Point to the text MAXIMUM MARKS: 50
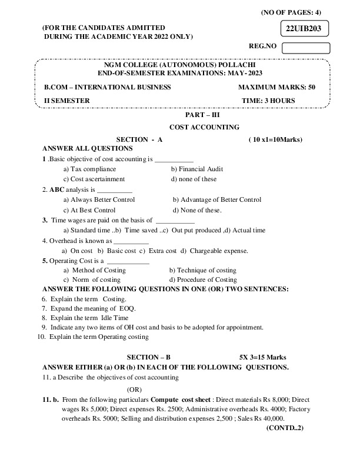pyautogui.click(x=276, y=87)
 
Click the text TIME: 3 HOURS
pyautogui.click(x=268, y=101)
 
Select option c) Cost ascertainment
pyautogui.click(x=94, y=179)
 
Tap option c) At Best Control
pyautogui.click(x=89, y=210)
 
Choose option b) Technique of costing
pyautogui.click(x=202, y=270)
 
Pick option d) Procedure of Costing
pyautogui.click(x=203, y=279)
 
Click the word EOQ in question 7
pyautogui.click(x=128, y=308)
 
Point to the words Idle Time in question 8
pyautogui.click(x=116, y=318)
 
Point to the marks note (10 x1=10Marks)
pyautogui.click(x=275, y=139)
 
